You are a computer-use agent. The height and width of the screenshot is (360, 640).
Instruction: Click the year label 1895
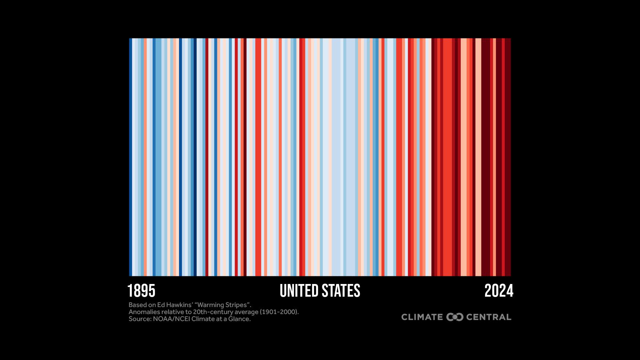[x=141, y=291]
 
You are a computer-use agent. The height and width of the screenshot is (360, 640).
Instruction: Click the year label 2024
[x=499, y=291]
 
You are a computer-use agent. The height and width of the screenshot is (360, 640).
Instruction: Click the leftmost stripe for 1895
[x=131, y=157]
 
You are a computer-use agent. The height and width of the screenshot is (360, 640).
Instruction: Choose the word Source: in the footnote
[x=140, y=319]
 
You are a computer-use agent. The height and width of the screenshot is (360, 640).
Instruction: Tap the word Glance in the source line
[x=239, y=319]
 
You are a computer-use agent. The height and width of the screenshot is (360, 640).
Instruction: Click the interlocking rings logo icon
[x=455, y=317]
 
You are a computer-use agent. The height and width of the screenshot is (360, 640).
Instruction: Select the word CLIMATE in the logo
[x=422, y=317]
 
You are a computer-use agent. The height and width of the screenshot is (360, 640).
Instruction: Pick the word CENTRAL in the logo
[x=489, y=317]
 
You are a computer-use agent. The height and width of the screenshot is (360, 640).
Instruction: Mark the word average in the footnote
[x=246, y=312]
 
